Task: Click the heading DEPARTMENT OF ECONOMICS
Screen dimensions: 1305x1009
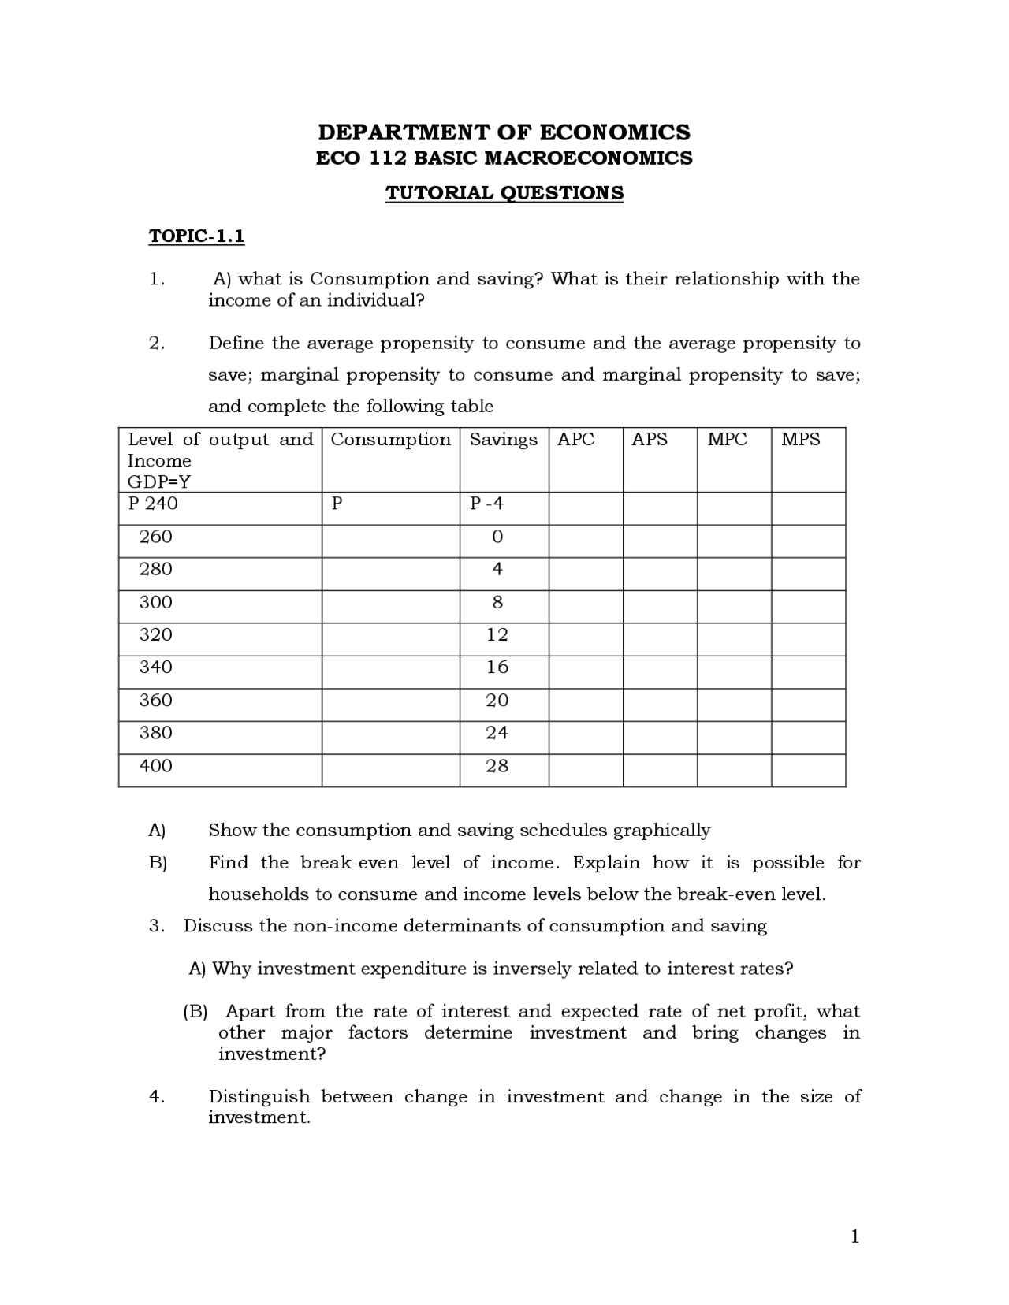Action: [x=504, y=132]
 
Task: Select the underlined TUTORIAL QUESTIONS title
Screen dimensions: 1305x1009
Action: [x=504, y=193]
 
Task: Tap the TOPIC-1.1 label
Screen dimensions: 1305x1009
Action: [x=196, y=236]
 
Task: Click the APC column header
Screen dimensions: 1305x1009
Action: [x=575, y=440]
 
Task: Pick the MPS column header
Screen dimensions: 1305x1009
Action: [x=800, y=440]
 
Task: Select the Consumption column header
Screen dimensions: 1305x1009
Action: [x=390, y=440]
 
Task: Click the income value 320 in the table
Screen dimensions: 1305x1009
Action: [x=155, y=635]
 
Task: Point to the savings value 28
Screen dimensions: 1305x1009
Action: [x=497, y=766]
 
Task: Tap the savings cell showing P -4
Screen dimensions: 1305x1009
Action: [x=486, y=504]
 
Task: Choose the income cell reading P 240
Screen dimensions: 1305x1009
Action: [x=153, y=504]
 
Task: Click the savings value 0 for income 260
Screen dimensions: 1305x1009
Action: [x=497, y=537]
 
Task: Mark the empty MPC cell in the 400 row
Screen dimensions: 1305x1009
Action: [x=733, y=770]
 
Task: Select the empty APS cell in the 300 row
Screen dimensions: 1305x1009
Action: [x=659, y=607]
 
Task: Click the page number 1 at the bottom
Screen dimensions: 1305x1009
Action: [x=855, y=1237]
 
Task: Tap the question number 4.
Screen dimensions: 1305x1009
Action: [x=156, y=1096]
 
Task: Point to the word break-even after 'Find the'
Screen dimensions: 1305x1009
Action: [x=350, y=862]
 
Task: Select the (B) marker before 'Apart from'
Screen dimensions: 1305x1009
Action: [x=195, y=1011]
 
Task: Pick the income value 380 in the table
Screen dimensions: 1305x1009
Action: [x=155, y=733]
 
